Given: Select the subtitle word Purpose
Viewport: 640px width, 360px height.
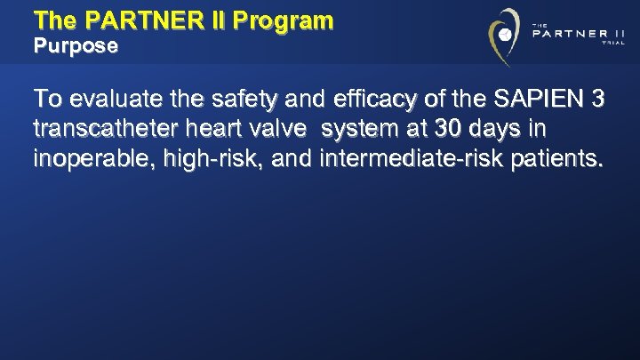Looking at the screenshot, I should click(x=76, y=47).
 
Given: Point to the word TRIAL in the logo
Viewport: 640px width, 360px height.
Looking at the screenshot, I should click(x=613, y=52).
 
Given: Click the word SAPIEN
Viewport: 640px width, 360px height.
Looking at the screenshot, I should click(x=533, y=99).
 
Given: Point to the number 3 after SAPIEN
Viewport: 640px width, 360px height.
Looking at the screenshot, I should click(x=598, y=99).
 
